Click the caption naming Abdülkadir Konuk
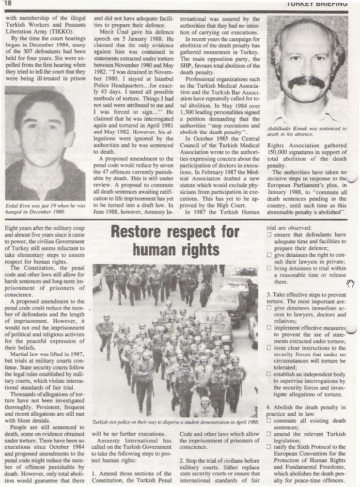[307, 132]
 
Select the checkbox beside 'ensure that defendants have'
[269, 235]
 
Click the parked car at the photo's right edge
[252, 330]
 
